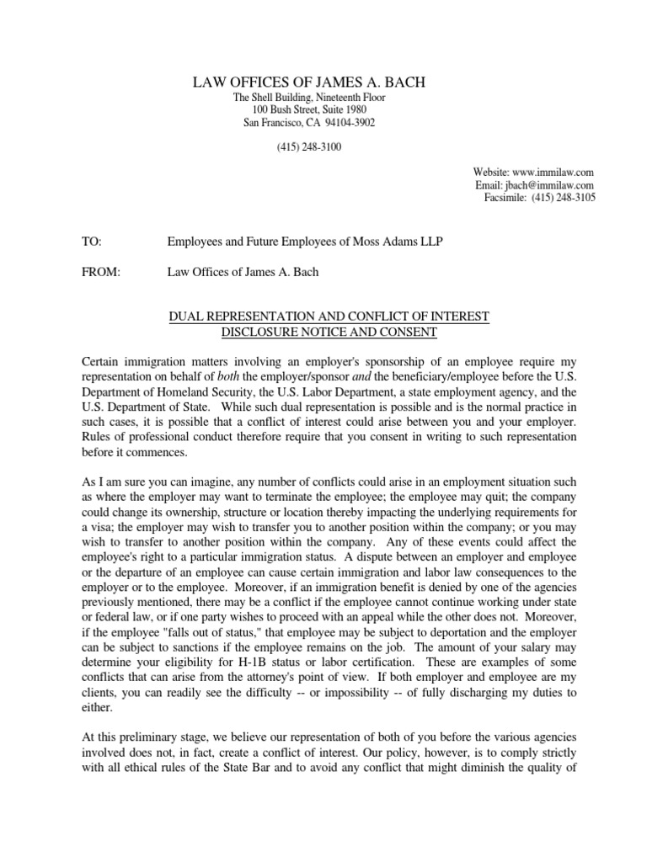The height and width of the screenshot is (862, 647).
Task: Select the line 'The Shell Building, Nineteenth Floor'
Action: tap(309, 98)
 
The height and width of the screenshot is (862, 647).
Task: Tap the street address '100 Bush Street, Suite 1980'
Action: tap(309, 110)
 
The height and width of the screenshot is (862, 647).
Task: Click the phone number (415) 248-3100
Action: tap(309, 147)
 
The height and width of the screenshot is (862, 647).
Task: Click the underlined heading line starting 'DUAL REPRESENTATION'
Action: tap(329, 316)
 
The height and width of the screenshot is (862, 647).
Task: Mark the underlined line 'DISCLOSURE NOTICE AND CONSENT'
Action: tap(329, 332)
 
